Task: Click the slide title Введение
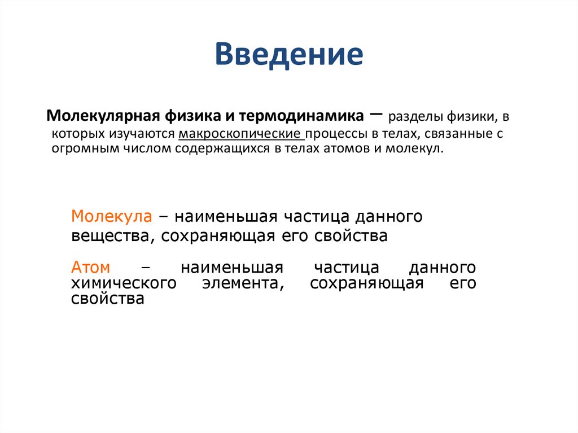coord(288,55)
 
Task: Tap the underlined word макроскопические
coord(240,135)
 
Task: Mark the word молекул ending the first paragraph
coord(417,150)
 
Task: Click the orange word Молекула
coord(111,217)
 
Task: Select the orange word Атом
coord(90,267)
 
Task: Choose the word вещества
coord(110,236)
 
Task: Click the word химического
coord(123,283)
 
